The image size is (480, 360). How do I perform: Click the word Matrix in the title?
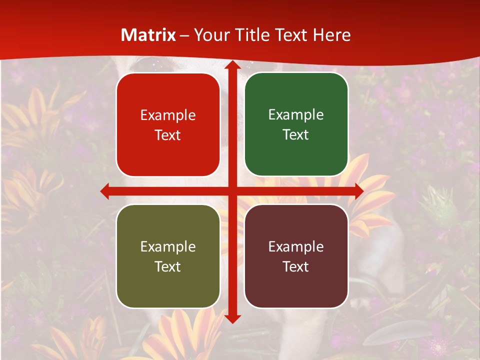pos(148,35)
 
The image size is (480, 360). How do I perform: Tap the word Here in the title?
pos(332,35)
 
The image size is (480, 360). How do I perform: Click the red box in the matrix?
pos(168,125)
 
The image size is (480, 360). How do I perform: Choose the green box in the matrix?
pos(296,124)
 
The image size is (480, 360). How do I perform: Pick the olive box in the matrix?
pos(168,256)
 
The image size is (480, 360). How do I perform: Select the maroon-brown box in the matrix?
pos(296,256)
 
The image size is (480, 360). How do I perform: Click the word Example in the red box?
pos(168,115)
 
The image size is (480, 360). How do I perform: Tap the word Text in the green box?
pos(296,135)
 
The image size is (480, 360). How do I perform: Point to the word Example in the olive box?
pos(168,246)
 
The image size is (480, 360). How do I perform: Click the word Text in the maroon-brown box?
pos(296,266)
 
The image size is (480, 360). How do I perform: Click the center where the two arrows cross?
pos(232,191)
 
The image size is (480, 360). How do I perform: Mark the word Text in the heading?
pos(291,35)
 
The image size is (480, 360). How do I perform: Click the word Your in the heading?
pos(210,35)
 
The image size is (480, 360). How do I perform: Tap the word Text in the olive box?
pos(168,266)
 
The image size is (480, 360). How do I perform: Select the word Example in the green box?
pos(296,115)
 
